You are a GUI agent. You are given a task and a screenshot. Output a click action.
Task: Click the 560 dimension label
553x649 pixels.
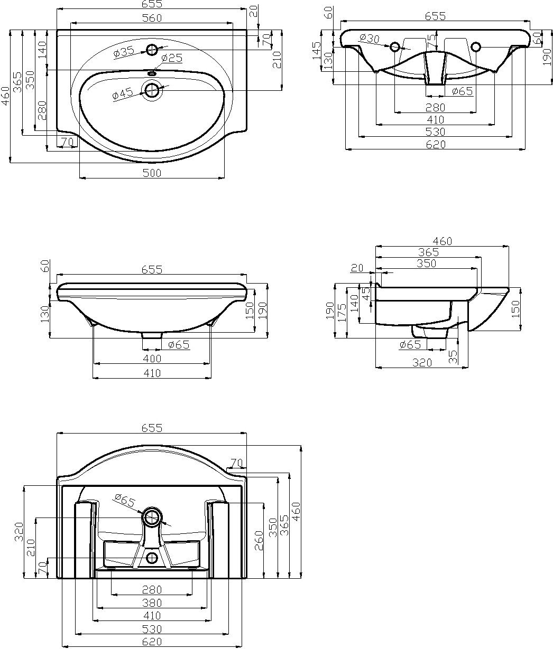152,18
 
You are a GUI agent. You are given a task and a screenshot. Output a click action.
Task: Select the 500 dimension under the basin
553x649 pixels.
152,173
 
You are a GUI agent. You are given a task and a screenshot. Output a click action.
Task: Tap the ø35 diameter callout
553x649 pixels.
124,52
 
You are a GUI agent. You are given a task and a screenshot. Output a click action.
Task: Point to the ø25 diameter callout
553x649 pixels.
172,58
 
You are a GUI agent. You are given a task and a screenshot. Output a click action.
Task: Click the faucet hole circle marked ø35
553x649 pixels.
152,50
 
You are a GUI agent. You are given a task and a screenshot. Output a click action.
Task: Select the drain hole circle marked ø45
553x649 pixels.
152,90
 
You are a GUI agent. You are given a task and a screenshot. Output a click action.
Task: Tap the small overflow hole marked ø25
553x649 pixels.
152,74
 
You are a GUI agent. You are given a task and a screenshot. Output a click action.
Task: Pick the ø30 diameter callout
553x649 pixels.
369,38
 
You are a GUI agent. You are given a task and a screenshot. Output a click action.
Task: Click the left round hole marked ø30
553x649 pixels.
395,47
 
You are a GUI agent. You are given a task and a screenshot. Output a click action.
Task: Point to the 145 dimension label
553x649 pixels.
317,51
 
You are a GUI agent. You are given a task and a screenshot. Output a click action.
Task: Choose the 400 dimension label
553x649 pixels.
152,359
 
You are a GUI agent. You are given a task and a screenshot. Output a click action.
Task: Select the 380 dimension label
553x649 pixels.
152,603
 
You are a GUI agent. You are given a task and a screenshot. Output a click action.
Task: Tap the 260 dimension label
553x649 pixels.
259,540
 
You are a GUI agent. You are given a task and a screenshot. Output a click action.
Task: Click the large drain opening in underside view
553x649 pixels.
152,517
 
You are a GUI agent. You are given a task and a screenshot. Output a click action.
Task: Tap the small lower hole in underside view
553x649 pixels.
152,558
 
